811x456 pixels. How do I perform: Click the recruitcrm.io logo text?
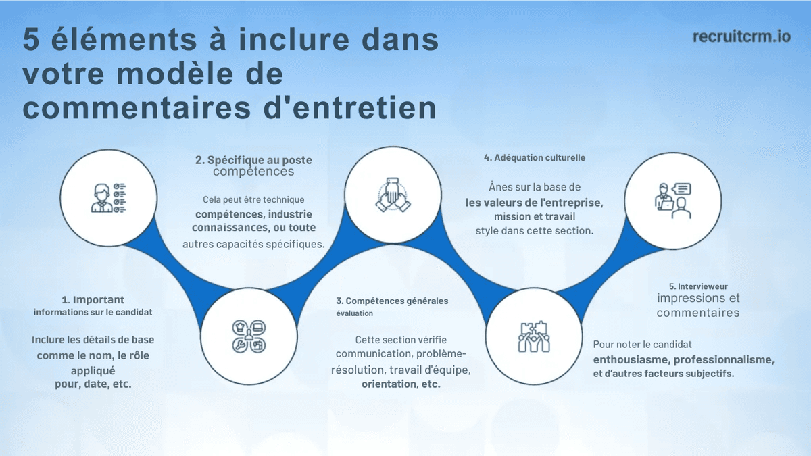[741, 36]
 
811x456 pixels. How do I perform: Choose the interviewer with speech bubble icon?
[672, 200]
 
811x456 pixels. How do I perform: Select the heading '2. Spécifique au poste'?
[253, 160]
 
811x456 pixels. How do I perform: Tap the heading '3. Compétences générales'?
[392, 301]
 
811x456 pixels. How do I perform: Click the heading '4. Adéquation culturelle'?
[535, 157]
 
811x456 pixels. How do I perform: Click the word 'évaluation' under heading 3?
[354, 313]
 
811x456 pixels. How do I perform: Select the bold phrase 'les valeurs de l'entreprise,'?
[534, 202]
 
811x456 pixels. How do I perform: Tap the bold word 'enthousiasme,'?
[631, 359]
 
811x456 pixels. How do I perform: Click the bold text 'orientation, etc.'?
[401, 384]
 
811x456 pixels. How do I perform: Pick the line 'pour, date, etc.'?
[93, 384]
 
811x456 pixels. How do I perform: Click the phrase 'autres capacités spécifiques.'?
[253, 244]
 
